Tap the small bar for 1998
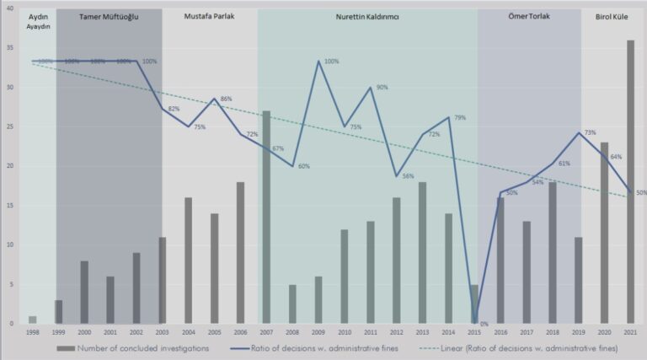(x=32, y=320)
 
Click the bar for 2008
(x=291, y=304)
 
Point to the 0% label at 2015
(x=484, y=323)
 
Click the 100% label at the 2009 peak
(x=331, y=62)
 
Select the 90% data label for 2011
(x=382, y=88)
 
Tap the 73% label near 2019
(x=590, y=133)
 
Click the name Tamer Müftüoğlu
(x=110, y=17)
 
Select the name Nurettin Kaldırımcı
(x=366, y=17)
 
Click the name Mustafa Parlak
(x=209, y=17)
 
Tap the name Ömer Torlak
(x=529, y=17)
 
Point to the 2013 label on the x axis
(x=423, y=333)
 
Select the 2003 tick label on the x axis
(x=163, y=333)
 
